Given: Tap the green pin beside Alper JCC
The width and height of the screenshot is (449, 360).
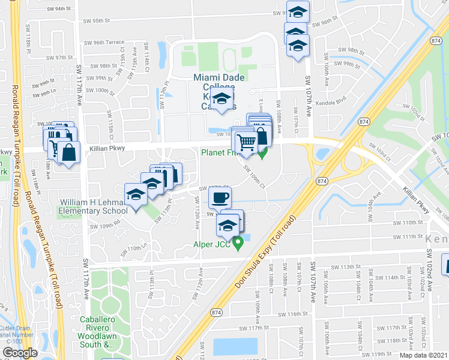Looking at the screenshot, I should [238, 243].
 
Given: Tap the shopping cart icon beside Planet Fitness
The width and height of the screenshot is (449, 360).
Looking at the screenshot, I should [246, 143].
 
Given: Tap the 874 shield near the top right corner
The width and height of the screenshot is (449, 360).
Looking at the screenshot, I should [436, 40].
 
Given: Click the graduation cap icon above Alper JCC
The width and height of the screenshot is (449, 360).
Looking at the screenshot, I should [227, 226].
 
